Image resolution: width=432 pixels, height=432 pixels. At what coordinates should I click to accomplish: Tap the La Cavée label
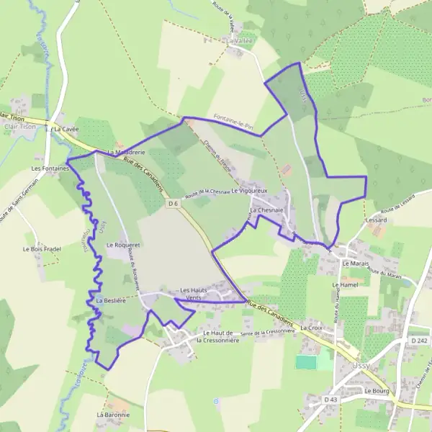66,129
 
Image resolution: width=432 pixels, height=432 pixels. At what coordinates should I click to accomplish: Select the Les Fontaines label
49,168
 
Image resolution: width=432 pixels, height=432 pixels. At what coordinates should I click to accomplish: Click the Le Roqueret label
123,246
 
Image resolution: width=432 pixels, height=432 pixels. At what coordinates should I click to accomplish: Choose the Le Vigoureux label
249,191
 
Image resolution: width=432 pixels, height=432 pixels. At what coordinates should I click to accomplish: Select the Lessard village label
376,219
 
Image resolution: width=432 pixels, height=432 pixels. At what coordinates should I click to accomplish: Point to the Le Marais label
356,264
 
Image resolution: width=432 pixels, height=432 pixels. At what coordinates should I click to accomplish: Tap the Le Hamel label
345,285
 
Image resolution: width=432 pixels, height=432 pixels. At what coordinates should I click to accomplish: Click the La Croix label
312,328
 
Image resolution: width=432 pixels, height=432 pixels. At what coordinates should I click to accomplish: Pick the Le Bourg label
376,391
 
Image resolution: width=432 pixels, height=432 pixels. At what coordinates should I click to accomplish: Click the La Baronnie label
113,415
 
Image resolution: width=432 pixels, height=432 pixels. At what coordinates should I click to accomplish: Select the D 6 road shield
173,204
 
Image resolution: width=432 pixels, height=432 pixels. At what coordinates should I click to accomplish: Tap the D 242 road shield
420,340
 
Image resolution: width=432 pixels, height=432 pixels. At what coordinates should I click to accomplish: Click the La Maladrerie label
127,153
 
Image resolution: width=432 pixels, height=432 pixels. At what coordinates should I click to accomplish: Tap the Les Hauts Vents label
193,294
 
